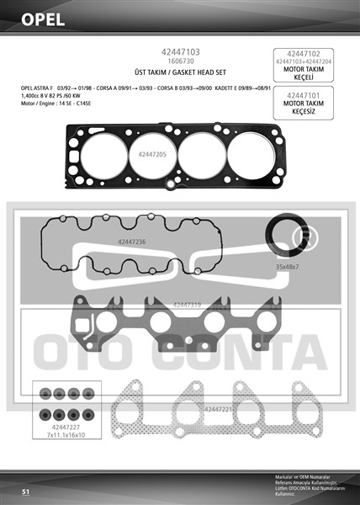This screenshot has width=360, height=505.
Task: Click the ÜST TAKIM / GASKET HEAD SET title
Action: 179,73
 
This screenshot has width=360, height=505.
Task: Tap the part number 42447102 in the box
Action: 304,53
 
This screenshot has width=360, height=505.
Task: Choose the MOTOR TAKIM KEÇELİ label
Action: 304,72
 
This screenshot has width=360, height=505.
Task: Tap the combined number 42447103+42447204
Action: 304,61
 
